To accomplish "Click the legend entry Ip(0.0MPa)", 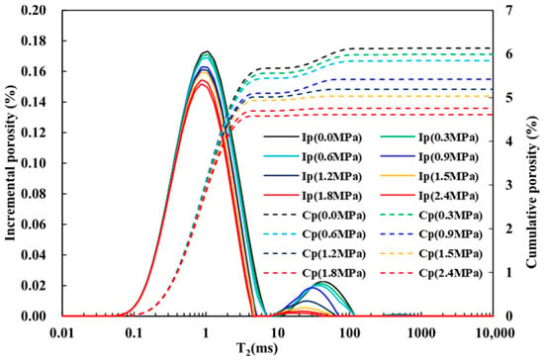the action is pos(313,137).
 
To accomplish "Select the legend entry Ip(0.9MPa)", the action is pos(429,157).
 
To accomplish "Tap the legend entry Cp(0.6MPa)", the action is pos(315,234).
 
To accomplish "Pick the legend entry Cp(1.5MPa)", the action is pos(431,254).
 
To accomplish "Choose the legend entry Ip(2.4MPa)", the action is pos(429,196).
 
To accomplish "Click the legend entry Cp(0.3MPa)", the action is pos(431,216).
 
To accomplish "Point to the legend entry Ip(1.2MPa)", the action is pos(313,176).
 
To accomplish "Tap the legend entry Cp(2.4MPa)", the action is pos(431,273).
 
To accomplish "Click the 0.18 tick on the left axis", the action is pos(34,41).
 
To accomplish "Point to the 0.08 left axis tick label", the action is pos(34,194).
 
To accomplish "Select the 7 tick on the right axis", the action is pos(508,11).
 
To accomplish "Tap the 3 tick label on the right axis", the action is pos(508,185).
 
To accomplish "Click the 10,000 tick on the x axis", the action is pos(494,333).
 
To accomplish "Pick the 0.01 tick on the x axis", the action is pos(62,333).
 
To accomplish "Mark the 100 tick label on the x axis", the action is pos(350,333).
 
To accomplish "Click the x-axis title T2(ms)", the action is pos(257,348).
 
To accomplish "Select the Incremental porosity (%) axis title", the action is pos(11,163).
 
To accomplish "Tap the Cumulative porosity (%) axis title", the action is pos(532,192).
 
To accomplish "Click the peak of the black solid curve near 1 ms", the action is pos(207,51).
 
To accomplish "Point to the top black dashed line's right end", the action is pos(493,48).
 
